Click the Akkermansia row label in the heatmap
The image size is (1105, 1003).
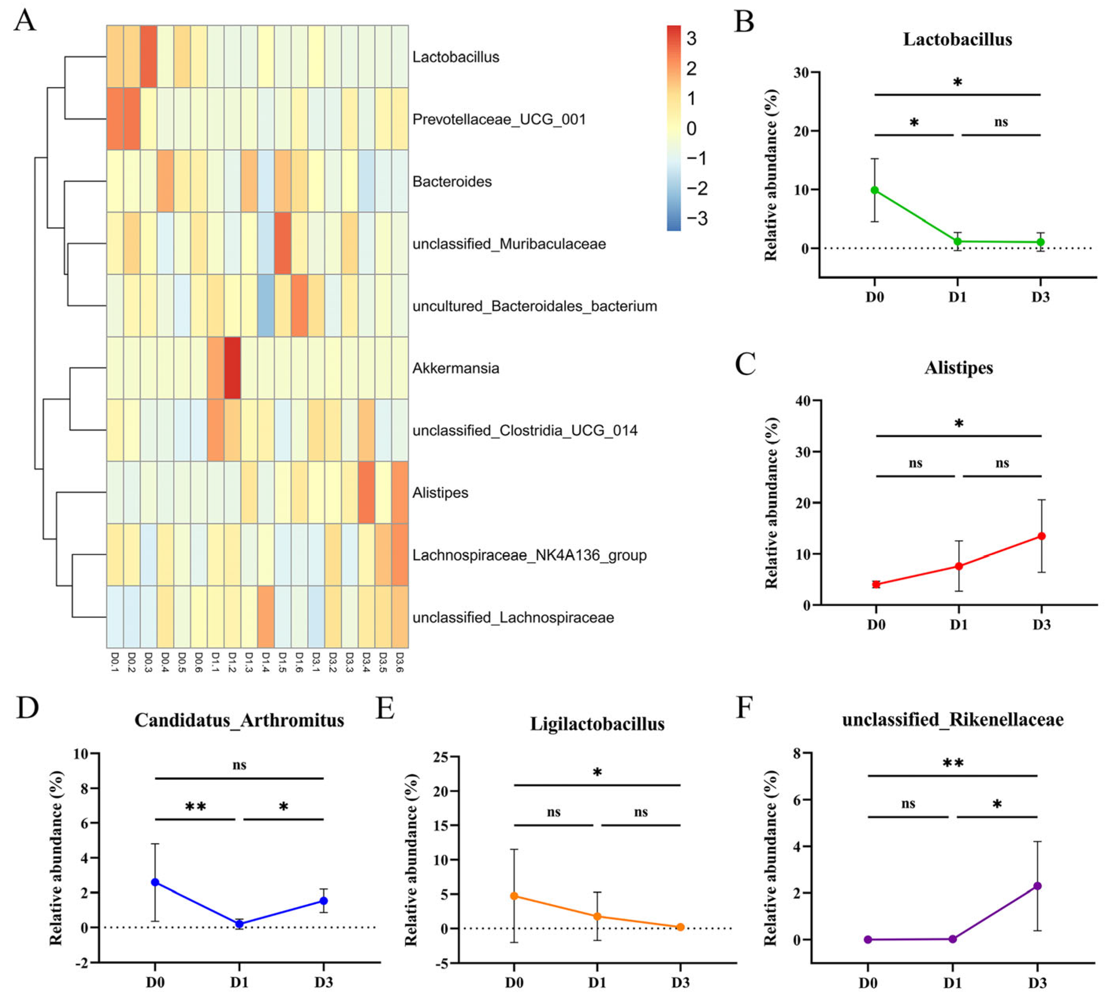(x=456, y=368)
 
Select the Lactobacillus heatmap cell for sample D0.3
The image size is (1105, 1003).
(x=149, y=56)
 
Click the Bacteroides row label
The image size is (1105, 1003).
(x=452, y=181)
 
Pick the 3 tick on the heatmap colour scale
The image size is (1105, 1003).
(x=691, y=38)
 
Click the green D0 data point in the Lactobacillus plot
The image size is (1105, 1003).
(x=875, y=190)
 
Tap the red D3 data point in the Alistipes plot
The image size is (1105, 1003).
(x=1042, y=536)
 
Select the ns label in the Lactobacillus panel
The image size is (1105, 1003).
(x=1001, y=122)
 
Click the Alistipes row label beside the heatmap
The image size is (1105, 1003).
(x=440, y=492)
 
